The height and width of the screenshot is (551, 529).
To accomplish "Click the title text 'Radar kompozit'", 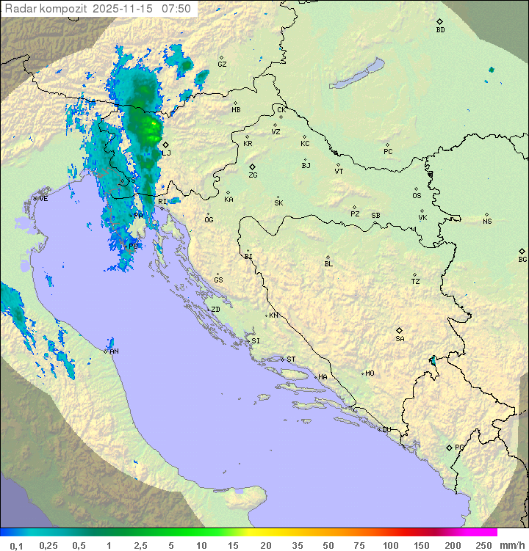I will coord(46,9).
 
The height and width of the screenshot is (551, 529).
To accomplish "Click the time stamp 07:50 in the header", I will coord(176,9).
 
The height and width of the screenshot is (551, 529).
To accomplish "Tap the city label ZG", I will coord(253,175).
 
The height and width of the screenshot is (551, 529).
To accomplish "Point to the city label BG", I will coord(522,259).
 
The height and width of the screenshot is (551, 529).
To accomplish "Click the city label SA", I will coord(400,338).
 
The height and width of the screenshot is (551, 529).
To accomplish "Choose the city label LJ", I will coord(167,153).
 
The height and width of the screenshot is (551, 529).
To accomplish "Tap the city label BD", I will coord(440,30).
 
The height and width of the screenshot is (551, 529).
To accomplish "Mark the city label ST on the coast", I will coord(291,359).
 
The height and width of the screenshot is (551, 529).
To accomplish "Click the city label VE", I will coord(43,198).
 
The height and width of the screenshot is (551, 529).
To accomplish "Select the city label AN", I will coord(114,351).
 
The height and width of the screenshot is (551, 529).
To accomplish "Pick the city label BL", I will coord(328,263).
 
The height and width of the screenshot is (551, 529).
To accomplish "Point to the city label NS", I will coord(487,221).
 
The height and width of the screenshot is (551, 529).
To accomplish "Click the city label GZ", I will coord(222,64).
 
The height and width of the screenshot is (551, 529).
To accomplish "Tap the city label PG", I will coord(459,447).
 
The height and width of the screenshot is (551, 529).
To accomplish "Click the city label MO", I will coord(370,373).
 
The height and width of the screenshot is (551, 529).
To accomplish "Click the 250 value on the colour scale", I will coord(483,545).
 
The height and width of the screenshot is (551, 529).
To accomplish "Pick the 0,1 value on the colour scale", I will coord(16,545).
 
